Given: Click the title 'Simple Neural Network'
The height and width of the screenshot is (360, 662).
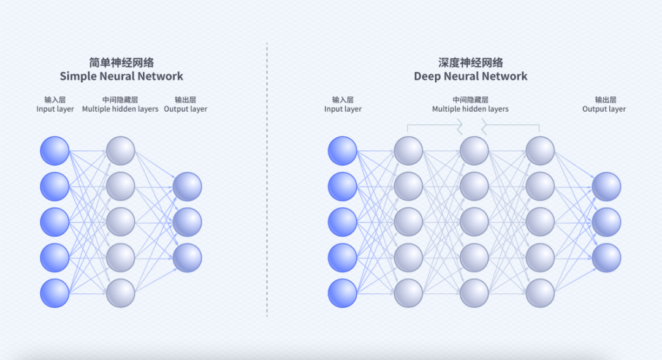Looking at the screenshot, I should click(x=121, y=77).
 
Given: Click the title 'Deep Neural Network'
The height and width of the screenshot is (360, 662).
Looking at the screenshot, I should click(x=470, y=77).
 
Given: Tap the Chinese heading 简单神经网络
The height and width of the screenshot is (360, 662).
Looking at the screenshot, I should click(x=121, y=63).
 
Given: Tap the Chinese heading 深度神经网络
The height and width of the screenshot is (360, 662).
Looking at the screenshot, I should click(x=470, y=63).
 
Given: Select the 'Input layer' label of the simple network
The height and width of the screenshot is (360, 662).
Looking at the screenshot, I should click(x=55, y=109).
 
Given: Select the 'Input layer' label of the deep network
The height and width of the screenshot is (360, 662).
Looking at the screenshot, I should click(x=343, y=109).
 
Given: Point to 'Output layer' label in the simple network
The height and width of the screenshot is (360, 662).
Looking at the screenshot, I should click(x=186, y=109).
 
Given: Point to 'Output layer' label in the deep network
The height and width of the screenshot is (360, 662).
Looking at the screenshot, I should click(x=604, y=109).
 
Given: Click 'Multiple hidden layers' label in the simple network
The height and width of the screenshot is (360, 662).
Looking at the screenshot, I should click(x=120, y=109).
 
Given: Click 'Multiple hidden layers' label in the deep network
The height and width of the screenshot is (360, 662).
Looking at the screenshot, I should click(x=470, y=109).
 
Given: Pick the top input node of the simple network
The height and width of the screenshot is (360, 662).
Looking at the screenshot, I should click(x=55, y=151).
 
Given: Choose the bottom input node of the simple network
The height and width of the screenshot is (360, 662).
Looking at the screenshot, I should click(x=55, y=293).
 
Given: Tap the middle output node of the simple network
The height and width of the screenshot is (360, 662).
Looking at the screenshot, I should click(x=187, y=222).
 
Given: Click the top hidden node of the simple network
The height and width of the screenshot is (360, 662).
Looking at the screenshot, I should click(x=120, y=151).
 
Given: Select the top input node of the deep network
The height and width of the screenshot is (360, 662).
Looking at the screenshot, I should click(x=342, y=151).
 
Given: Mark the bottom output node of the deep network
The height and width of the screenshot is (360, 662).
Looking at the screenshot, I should click(x=606, y=258).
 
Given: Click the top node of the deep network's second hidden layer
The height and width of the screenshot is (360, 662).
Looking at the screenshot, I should click(x=474, y=151).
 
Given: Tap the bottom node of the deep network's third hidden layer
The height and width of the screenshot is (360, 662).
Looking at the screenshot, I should click(x=540, y=293).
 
